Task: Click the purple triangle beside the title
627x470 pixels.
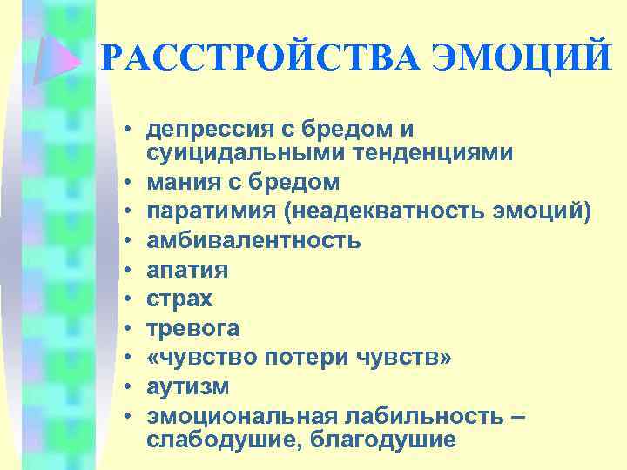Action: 66,56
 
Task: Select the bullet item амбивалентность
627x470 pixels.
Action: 253,240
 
